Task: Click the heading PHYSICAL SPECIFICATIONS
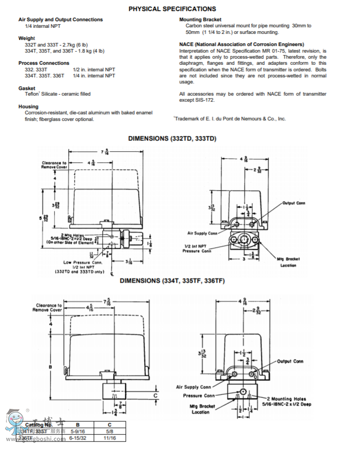pyautogui.click(x=172, y=9)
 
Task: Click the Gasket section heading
pyautogui.click(x=27, y=88)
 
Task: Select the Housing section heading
pyautogui.click(x=28, y=107)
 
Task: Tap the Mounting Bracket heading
pyautogui.click(x=200, y=20)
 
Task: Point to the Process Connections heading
pyautogui.click(x=43, y=63)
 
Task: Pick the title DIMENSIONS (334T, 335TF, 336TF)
pyautogui.click(x=172, y=281)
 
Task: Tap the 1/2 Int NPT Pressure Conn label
pyautogui.click(x=197, y=248)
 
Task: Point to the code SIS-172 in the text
pyautogui.click(x=206, y=101)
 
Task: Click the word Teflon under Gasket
pyautogui.click(x=32, y=94)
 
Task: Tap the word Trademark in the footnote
pyautogui.click(x=188, y=119)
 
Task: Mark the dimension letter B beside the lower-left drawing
pyautogui.click(x=50, y=367)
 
